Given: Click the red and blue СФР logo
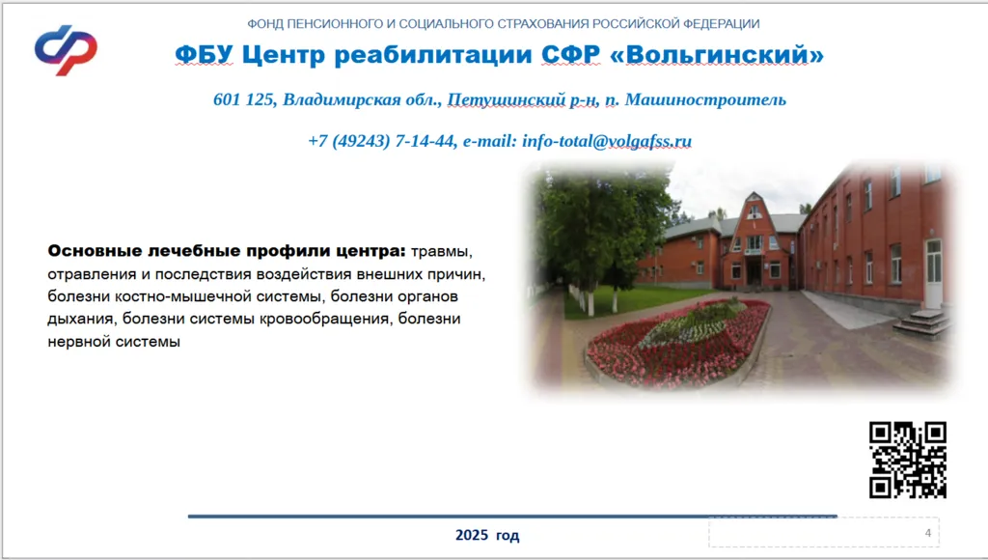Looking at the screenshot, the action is pos(67,50).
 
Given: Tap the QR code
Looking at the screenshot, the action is pos(907,460).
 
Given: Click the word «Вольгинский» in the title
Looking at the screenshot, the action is pos(717,55).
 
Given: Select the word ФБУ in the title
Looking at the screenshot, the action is pos(204,55).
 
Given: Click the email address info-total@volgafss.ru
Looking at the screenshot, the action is pos(606,141).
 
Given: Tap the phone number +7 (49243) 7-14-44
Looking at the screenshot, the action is pos(381,141).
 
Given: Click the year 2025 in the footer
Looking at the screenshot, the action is pos(471,535).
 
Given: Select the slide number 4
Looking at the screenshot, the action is pos(927,533).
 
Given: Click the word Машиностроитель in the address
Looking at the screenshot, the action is pos(705,99).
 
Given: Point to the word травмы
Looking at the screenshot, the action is pos(441,252).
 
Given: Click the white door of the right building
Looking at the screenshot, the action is pos(933,273).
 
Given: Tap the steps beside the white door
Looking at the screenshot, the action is pos(922,323).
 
